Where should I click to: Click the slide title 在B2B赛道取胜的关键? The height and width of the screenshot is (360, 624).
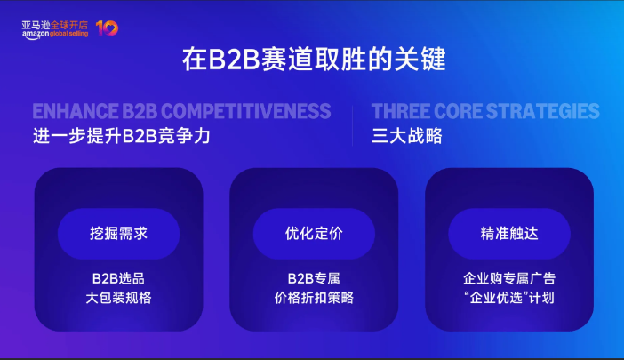pyautogui.click(x=313, y=60)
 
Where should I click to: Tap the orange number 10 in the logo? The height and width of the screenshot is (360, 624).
pyautogui.click(x=106, y=28)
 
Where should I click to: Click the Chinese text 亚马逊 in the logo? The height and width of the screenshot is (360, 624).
pyautogui.click(x=35, y=22)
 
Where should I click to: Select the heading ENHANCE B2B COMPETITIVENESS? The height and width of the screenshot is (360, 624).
pyautogui.click(x=181, y=111)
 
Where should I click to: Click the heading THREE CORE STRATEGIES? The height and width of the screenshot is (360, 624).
pyautogui.click(x=485, y=111)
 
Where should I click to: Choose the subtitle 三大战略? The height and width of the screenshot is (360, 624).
pyautogui.click(x=407, y=137)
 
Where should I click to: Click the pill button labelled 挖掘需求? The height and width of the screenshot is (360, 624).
pyautogui.click(x=118, y=234)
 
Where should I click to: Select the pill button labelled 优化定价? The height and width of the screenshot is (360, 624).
pyautogui.click(x=314, y=234)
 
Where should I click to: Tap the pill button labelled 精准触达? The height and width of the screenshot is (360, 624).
pyautogui.click(x=509, y=234)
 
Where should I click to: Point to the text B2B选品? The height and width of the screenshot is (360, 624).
pyautogui.click(x=118, y=278)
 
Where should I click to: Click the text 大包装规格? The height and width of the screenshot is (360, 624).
pyautogui.click(x=118, y=298)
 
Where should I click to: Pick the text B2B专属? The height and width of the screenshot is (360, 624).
pyautogui.click(x=314, y=278)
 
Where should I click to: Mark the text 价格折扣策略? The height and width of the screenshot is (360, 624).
pyautogui.click(x=314, y=298)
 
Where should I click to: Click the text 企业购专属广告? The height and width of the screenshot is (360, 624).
pyautogui.click(x=509, y=278)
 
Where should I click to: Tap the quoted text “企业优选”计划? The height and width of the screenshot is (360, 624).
pyautogui.click(x=509, y=298)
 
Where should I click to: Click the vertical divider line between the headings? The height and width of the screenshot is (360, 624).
pyautogui.click(x=352, y=124)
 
